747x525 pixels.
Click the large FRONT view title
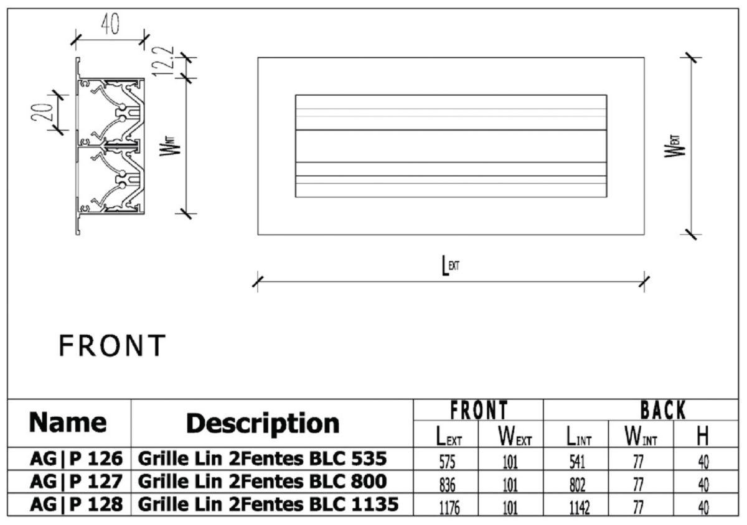tap(112, 346)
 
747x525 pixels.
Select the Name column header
tap(68, 423)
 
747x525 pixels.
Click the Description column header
tap(263, 424)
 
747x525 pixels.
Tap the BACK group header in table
tap(664, 411)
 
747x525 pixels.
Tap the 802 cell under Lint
tap(577, 485)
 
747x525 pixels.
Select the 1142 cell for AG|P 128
tap(577, 508)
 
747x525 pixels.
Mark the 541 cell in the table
tap(577, 461)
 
